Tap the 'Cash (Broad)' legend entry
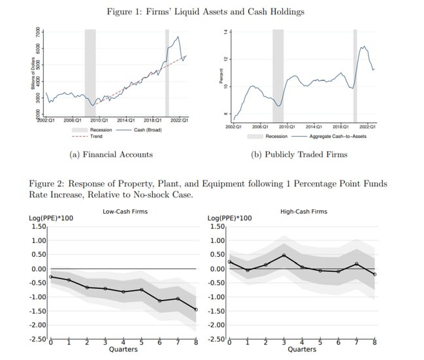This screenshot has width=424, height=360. pos(148,130)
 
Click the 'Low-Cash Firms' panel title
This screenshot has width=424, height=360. pos(125,212)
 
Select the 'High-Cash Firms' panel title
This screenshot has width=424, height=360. pos(303,212)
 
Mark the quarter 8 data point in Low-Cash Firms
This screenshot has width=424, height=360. pos(196,309)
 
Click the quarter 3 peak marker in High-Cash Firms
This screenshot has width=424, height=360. pos(284,255)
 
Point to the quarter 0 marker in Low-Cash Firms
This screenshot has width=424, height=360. pos(52,277)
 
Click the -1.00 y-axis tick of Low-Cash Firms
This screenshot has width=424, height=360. pos(39,297)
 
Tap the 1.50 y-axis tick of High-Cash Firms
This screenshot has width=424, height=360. pos(218,227)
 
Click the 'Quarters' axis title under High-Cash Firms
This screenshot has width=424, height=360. pos(302,349)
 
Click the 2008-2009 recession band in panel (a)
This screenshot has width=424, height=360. pos(90,72)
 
